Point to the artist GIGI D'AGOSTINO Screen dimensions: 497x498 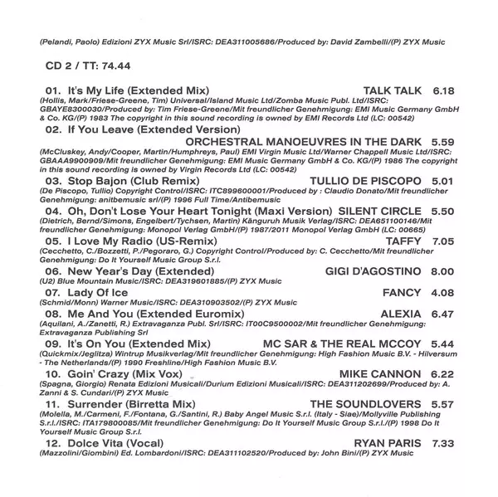pyautogui.click(x=373, y=270)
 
